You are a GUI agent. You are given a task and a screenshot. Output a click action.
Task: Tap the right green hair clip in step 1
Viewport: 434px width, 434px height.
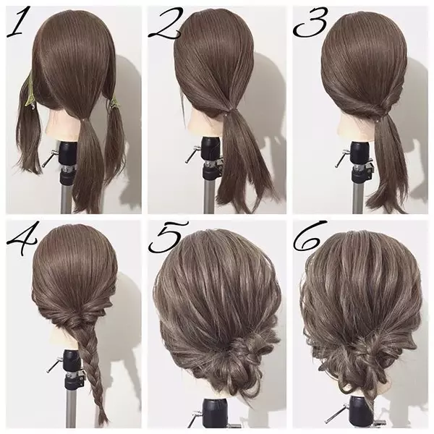click(x=113, y=102)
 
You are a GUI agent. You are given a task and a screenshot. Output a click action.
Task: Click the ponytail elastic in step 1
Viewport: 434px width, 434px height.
click(x=84, y=120)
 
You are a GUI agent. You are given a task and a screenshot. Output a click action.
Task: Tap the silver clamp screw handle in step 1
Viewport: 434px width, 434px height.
click(x=49, y=158)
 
